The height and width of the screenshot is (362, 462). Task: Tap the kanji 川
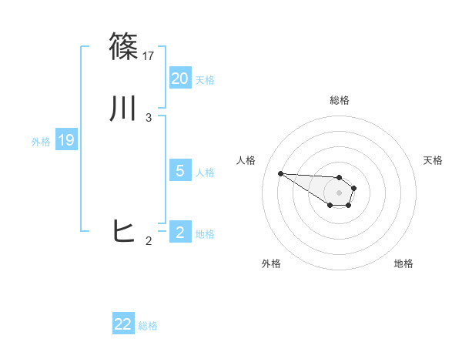click(x=125, y=109)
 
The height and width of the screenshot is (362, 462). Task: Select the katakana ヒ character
click(x=125, y=231)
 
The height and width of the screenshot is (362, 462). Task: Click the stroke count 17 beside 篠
click(x=149, y=55)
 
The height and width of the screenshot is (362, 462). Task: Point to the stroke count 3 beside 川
click(x=149, y=118)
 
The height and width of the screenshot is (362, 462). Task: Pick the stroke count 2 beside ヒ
click(x=149, y=241)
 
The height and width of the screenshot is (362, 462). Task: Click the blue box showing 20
click(x=180, y=78)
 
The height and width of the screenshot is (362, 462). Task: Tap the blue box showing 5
click(x=180, y=171)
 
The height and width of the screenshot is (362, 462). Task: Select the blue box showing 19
click(x=66, y=140)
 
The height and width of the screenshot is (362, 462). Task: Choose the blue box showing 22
click(x=123, y=324)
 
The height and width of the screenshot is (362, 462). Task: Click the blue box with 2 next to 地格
click(x=180, y=232)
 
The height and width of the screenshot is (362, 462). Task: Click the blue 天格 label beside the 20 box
click(x=205, y=79)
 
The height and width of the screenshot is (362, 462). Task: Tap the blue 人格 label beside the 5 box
click(x=205, y=173)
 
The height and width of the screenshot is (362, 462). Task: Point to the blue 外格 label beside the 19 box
click(x=41, y=142)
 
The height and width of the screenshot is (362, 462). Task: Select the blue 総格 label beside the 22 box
click(x=148, y=326)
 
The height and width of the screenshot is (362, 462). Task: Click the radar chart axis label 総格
click(x=340, y=100)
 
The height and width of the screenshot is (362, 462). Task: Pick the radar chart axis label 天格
click(x=433, y=160)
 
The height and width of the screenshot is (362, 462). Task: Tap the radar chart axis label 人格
click(x=246, y=160)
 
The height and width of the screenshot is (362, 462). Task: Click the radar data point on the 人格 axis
click(x=280, y=173)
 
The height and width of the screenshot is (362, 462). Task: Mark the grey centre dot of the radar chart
click(x=339, y=193)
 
